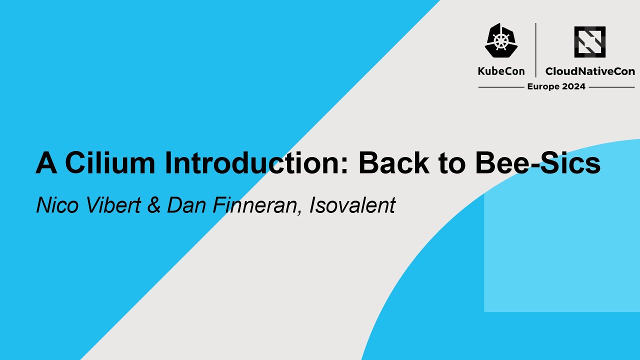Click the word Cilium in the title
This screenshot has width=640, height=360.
pyautogui.click(x=107, y=163)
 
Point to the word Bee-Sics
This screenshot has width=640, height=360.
pyautogui.click(x=538, y=163)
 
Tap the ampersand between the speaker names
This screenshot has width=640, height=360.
pyautogui.click(x=154, y=205)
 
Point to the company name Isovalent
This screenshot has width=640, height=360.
pyautogui.click(x=352, y=205)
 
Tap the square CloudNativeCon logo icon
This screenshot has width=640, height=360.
pyautogui.click(x=590, y=42)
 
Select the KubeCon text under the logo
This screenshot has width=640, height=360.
pyautogui.click(x=501, y=71)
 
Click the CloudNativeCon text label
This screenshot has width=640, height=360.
pyautogui.click(x=590, y=71)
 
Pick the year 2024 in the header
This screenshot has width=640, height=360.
pyautogui.click(x=573, y=86)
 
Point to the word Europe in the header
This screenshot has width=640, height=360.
pyautogui.click(x=543, y=86)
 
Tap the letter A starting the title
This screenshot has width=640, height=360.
pyautogui.click(x=46, y=163)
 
